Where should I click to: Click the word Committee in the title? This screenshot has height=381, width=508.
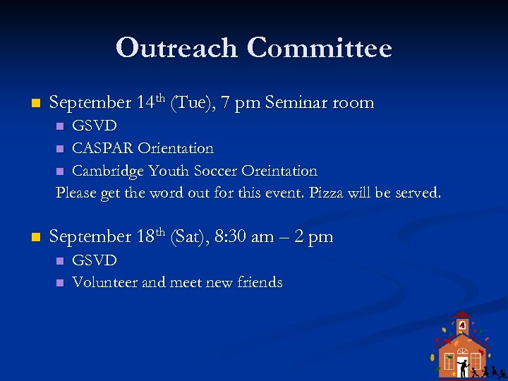click(320, 48)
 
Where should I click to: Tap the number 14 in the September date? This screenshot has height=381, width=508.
click(145, 103)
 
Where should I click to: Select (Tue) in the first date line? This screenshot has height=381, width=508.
click(191, 103)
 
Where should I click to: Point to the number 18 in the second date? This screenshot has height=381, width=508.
click(145, 237)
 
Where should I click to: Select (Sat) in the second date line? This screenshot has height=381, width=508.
click(190, 237)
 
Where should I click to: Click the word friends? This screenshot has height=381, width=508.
click(257, 283)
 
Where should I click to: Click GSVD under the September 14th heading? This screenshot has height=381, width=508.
click(95, 126)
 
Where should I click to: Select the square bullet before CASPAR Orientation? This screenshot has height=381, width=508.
click(60, 149)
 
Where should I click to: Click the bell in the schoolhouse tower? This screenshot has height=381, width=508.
click(462, 325)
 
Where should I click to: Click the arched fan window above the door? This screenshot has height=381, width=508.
click(462, 351)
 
